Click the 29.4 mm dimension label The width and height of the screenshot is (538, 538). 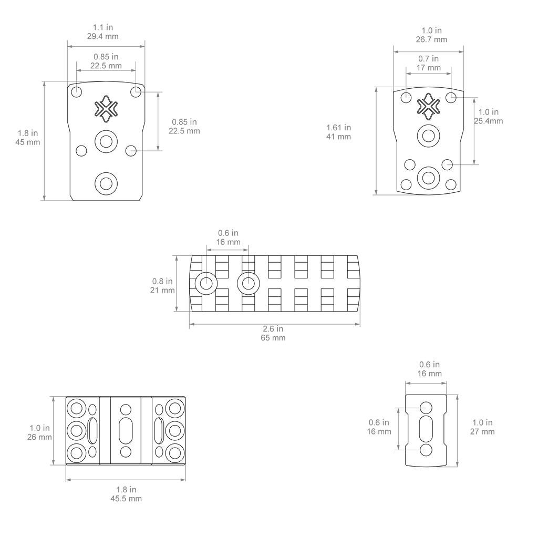tap(102, 36)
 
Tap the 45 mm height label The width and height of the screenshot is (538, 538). tap(28, 142)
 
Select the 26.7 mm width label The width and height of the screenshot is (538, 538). tap(432, 39)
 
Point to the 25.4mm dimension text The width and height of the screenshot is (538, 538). tap(489, 121)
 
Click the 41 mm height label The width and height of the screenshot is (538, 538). tap(339, 137)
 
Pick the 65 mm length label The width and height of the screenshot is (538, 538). tap(273, 338)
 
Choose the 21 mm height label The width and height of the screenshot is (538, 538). tap(162, 290)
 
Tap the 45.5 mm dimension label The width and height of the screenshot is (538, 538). tap(126, 499)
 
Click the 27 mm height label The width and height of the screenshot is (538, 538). tap(482, 432)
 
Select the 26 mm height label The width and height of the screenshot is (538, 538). tap(39, 437)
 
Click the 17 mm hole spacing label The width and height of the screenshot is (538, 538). tap(429, 68)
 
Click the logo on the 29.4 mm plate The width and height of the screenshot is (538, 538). tap(106, 109)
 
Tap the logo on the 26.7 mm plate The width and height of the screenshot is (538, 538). tap(428, 106)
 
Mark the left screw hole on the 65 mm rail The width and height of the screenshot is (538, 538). tap(206, 283)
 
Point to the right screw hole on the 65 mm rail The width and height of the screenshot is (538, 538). tap(249, 283)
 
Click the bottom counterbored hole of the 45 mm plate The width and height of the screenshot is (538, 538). tap(106, 183)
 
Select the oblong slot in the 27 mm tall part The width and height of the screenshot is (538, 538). tap(426, 428)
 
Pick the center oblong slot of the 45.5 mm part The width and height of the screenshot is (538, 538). tap(126, 431)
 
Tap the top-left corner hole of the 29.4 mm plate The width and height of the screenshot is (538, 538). tap(77, 92)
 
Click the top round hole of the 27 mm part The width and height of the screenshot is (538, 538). tap(426, 408)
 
